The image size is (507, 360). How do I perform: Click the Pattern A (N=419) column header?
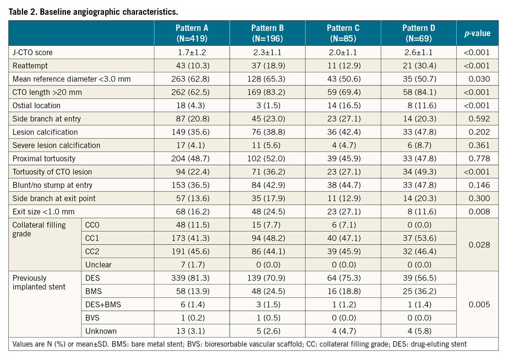(191, 33)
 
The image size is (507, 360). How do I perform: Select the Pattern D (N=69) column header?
(419, 33)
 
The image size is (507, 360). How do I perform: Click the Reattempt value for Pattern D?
(419, 66)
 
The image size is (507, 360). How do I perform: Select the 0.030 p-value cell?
(480, 79)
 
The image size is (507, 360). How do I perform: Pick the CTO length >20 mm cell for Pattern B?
(267, 92)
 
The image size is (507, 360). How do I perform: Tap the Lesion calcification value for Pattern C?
(343, 132)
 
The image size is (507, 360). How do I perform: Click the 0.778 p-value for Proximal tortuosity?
(480, 159)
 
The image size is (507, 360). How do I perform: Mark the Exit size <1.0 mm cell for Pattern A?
(191, 212)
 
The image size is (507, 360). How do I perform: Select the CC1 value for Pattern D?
(419, 238)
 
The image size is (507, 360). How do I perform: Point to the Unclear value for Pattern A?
(191, 265)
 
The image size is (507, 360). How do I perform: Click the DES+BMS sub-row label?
(103, 305)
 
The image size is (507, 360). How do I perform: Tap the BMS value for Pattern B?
(267, 291)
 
